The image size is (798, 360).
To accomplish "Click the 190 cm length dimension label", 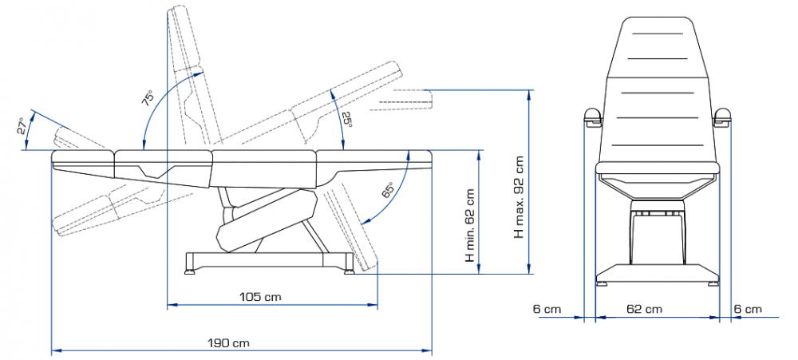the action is click(228, 342).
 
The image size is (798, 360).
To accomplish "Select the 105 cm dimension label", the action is click(260, 297).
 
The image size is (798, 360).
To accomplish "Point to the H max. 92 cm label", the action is click(519, 196).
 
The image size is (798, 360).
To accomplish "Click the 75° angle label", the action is click(147, 97).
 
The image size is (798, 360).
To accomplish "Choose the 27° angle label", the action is click(21, 126).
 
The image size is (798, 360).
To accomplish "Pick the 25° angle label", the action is click(346, 120).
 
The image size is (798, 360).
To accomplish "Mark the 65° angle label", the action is click(387, 189).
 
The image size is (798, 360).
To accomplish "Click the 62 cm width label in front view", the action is click(644, 309).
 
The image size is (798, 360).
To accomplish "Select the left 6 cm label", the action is click(547, 309).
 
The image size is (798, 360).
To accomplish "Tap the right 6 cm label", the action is click(748, 309).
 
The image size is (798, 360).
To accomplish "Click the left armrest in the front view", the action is click(592, 117).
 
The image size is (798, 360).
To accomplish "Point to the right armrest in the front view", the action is click(723, 117).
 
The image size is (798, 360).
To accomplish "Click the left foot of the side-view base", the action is click(190, 269).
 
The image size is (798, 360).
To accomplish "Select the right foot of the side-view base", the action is click(350, 269).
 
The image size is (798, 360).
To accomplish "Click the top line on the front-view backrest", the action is click(657, 33).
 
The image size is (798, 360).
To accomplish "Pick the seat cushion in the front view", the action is click(657, 167).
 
